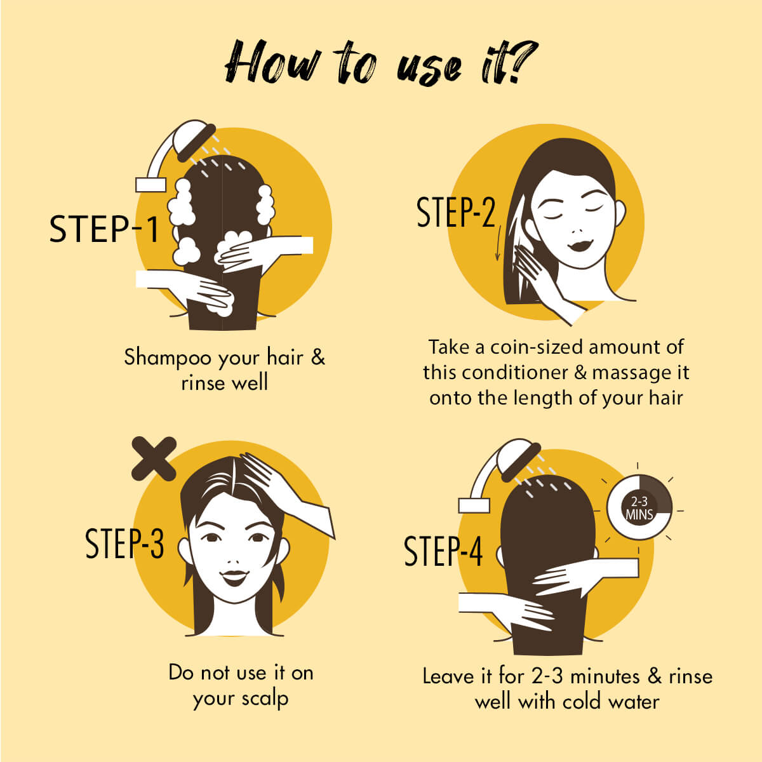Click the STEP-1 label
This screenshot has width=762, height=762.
tap(104, 229)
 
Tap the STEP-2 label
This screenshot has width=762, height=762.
tap(455, 213)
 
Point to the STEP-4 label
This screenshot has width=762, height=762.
tap(443, 551)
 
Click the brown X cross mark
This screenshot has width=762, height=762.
tap(154, 458)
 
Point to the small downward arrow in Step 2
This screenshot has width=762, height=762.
tap(498, 248)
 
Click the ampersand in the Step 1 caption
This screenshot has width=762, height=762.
tap(317, 358)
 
